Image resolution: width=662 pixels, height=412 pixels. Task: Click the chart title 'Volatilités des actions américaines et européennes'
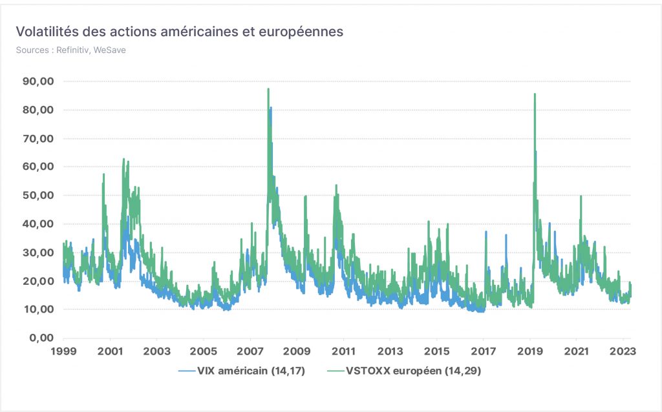[x=180, y=32]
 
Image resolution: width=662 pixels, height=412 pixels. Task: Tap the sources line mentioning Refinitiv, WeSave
[x=71, y=50]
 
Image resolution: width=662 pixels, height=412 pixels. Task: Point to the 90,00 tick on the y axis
[x=38, y=81]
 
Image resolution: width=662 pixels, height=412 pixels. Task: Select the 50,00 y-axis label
[x=38, y=195]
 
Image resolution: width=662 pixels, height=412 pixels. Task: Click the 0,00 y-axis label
[x=41, y=338]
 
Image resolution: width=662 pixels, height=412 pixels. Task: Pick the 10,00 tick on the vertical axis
[x=38, y=309]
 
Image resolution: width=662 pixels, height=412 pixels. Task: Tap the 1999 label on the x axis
[x=64, y=351]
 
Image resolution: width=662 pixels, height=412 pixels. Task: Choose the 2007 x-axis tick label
[x=250, y=351]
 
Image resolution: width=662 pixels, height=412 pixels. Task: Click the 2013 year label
[x=390, y=351]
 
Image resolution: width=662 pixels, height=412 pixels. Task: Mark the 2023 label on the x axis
[x=623, y=351]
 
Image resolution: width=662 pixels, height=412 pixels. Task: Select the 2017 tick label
[x=484, y=351]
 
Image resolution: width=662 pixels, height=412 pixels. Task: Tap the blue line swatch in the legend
[x=187, y=371]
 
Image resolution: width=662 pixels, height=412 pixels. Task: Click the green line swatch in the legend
[x=336, y=371]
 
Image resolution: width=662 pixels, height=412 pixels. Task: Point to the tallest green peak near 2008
[x=268, y=89]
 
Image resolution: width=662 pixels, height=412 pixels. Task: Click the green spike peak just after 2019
[x=535, y=94]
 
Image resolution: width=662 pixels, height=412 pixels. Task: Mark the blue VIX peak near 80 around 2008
[x=271, y=108]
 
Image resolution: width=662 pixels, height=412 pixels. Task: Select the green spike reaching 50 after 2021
[x=581, y=196]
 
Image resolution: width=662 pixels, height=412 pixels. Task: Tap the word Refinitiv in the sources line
[x=72, y=50]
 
